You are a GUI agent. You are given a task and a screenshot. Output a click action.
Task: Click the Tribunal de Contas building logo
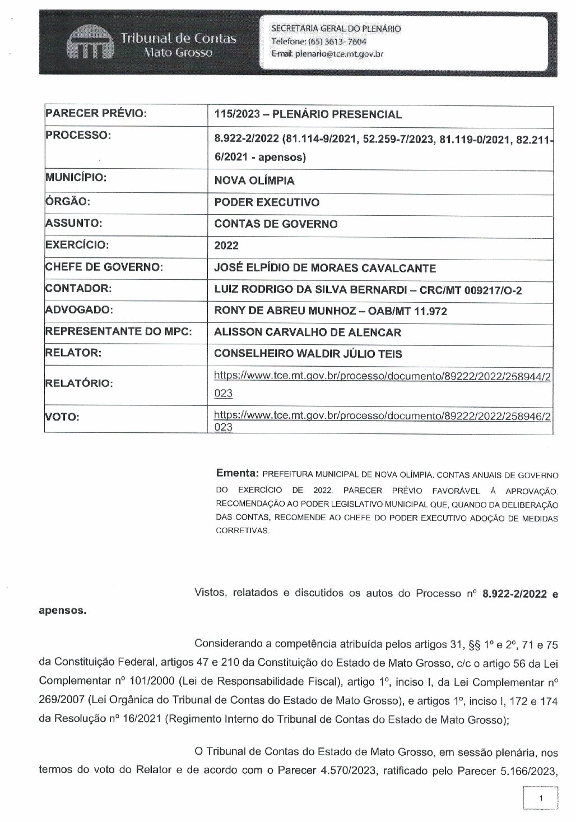90,44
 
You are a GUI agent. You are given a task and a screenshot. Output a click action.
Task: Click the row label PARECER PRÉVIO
96,114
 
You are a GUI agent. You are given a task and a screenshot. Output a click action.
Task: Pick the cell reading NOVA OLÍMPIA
254,181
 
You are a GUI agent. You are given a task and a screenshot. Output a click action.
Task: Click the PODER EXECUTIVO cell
267,202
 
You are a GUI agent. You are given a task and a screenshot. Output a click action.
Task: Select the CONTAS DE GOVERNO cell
276,224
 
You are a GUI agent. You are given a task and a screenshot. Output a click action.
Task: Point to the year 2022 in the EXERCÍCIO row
226,246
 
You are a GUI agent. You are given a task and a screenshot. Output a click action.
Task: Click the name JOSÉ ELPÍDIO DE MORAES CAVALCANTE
325,268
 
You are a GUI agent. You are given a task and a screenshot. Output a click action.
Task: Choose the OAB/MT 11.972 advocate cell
331,311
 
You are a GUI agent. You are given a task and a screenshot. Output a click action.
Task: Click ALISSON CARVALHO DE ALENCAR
308,333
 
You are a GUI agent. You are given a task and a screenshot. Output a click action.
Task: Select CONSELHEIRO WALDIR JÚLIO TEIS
308,354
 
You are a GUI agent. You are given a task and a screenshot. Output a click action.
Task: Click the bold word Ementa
237,473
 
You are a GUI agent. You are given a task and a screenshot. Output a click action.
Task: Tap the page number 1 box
540,797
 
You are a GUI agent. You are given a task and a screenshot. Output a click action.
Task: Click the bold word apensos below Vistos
63,611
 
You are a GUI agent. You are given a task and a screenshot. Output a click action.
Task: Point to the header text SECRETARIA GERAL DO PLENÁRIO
336,29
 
